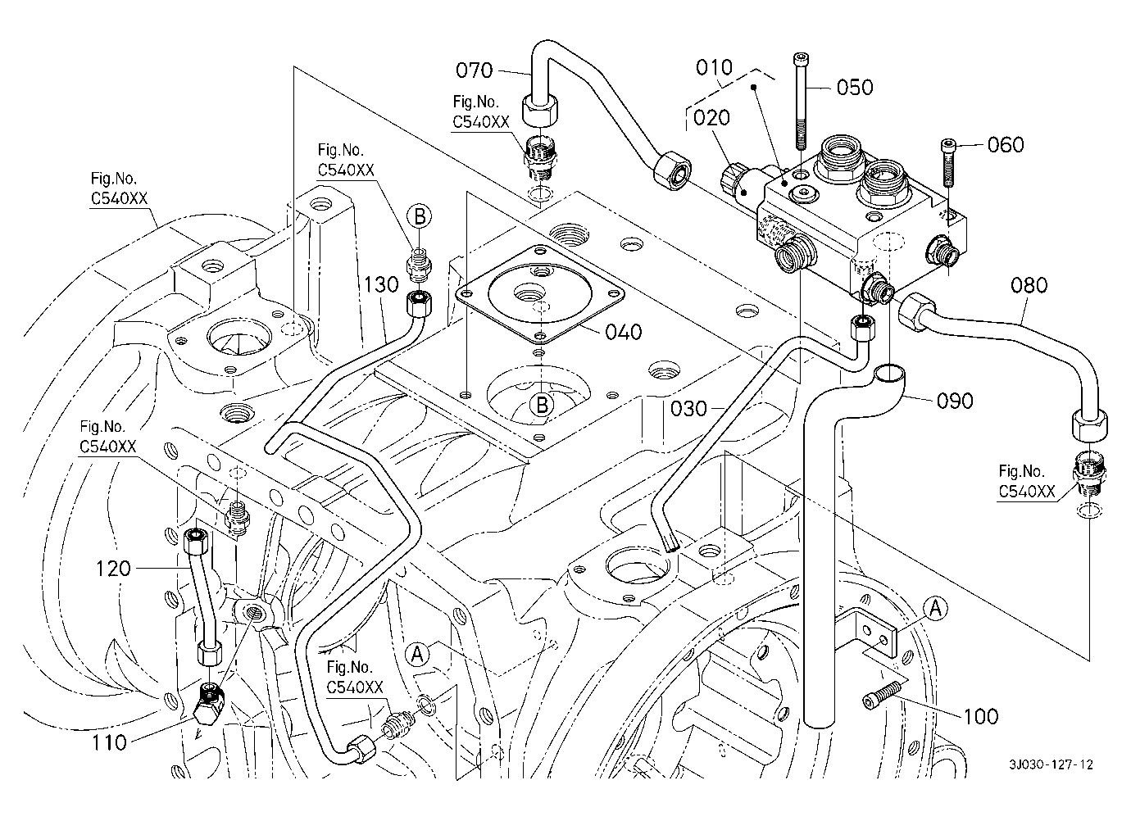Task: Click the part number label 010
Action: tap(715, 67)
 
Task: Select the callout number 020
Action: tap(711, 118)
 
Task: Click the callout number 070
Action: tap(474, 70)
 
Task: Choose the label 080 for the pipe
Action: tap(1029, 285)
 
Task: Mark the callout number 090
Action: tap(955, 401)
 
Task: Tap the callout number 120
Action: tap(113, 568)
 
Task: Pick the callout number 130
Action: tap(382, 284)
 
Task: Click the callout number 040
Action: tap(624, 332)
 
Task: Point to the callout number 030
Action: tap(688, 407)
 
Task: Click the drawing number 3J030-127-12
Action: tap(1052, 764)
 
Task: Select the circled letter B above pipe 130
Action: tap(419, 216)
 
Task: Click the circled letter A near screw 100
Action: tap(936, 607)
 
